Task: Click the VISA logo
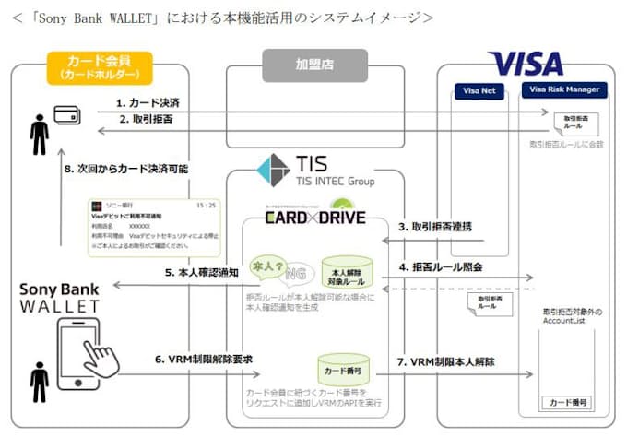coord(526,63)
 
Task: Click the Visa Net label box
coord(476,90)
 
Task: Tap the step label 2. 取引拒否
coord(146,121)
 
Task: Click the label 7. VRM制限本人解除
coord(446,361)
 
